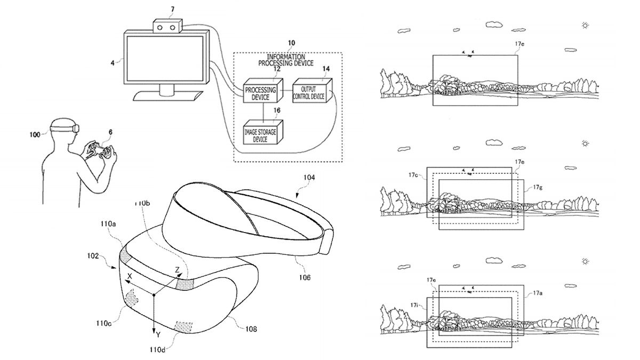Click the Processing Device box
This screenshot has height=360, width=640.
[x=263, y=91]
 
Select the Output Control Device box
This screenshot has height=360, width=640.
[x=312, y=90]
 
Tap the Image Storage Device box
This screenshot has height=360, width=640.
[x=263, y=132]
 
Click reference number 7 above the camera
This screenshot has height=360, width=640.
[x=173, y=10]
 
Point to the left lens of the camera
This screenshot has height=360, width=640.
[x=159, y=28]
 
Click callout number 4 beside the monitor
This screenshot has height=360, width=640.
[x=113, y=63]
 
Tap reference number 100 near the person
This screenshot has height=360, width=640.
[x=35, y=134]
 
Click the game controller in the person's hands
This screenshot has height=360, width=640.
[x=100, y=151]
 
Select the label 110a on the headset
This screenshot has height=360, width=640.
[x=108, y=223]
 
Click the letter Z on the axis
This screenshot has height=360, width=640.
[x=177, y=270]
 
